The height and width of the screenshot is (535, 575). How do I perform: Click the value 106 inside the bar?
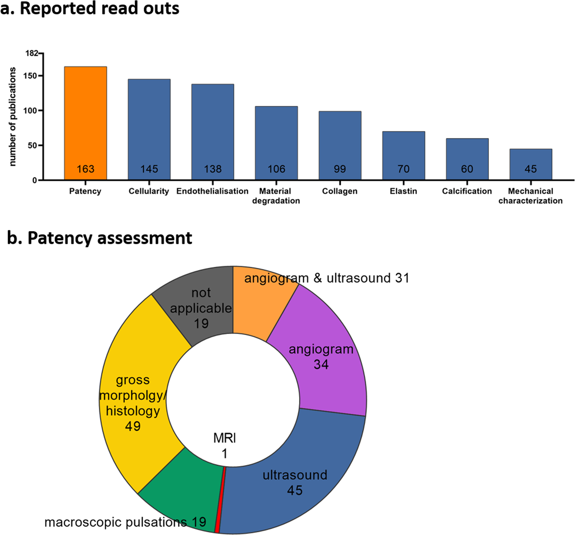(x=276, y=169)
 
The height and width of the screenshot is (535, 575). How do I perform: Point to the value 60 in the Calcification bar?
(x=467, y=169)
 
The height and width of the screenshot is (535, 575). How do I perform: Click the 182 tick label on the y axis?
(x=32, y=53)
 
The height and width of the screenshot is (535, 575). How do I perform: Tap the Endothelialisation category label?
(x=212, y=191)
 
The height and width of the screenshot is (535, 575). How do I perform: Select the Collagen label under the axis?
(x=340, y=191)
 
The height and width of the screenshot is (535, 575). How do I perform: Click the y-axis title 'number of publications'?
(x=13, y=116)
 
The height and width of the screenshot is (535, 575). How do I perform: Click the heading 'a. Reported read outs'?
(x=90, y=8)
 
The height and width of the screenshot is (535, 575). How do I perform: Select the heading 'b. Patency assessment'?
(x=99, y=238)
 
